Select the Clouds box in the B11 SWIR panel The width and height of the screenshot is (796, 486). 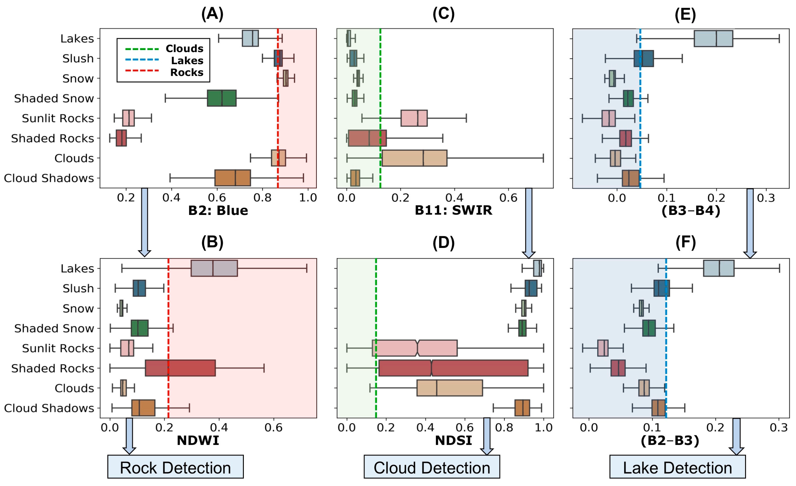click(x=414, y=158)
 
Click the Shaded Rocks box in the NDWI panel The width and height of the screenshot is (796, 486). click(x=180, y=368)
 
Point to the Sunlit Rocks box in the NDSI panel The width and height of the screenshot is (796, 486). click(x=415, y=348)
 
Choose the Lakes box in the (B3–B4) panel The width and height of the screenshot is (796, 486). click(x=713, y=39)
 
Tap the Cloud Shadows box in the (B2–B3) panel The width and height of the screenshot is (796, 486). click(x=658, y=408)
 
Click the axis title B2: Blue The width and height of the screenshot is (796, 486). click(x=218, y=211)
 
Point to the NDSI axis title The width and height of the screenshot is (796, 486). click(x=453, y=440)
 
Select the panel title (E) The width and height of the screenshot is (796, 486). click(x=685, y=14)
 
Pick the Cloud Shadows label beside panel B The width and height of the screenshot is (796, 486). click(x=49, y=408)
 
